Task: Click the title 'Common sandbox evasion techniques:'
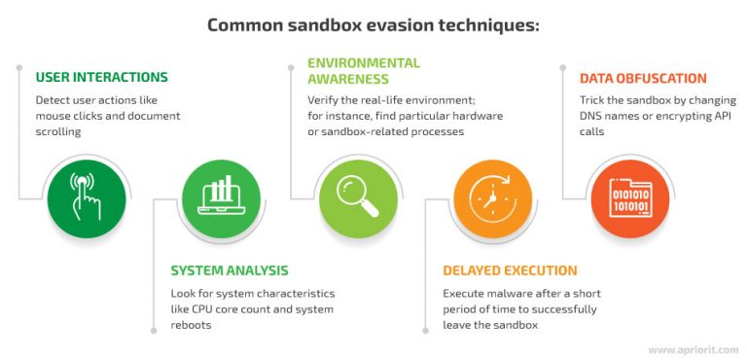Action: point(373,25)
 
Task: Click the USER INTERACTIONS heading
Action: point(101,77)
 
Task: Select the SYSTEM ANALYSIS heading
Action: point(229,270)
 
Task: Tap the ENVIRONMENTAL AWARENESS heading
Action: point(363,70)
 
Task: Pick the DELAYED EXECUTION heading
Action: point(510,270)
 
